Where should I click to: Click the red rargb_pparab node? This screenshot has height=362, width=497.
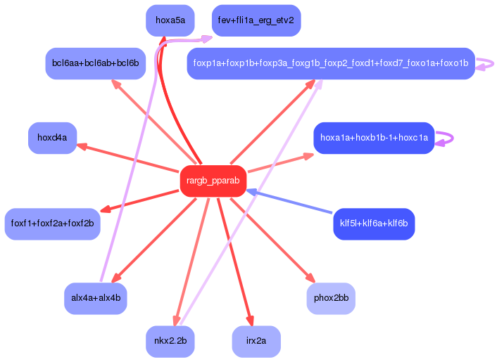tap(213, 181)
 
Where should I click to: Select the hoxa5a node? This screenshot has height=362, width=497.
tap(170, 20)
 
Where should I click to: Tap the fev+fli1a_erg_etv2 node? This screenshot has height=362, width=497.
tap(256, 20)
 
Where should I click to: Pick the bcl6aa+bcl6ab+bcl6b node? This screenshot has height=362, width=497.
tap(95, 63)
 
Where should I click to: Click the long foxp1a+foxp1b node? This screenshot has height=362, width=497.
tap(331, 63)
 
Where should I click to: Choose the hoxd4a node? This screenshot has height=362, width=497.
tap(52, 138)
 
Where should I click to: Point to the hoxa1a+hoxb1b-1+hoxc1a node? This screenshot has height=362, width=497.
tap(374, 138)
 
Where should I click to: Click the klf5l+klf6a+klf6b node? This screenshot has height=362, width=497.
tap(374, 224)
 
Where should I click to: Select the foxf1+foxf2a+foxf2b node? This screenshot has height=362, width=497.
tap(52, 224)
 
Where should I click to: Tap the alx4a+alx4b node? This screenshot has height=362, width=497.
tap(95, 298)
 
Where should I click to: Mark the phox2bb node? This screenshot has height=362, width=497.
tap(331, 298)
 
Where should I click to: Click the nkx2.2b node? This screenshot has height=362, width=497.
tap(170, 341)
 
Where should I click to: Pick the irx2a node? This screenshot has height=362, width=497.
tap(256, 341)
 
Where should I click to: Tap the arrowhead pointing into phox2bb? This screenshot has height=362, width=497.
tap(310, 278)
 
